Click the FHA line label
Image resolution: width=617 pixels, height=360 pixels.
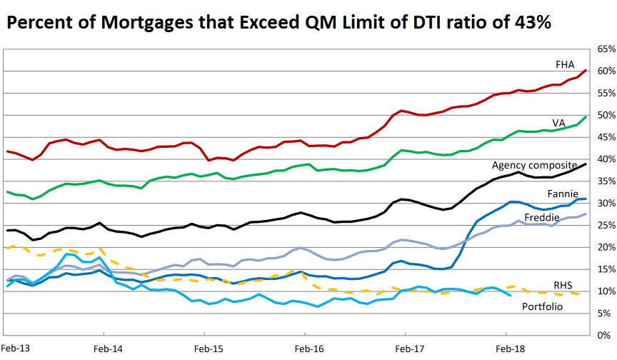[x=565, y=64]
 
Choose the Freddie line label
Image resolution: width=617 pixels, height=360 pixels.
[x=541, y=217]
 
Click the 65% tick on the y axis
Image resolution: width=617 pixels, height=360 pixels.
[x=603, y=49]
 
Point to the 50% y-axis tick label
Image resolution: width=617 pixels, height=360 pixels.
[x=603, y=115]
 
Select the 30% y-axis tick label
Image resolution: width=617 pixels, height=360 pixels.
[x=603, y=204]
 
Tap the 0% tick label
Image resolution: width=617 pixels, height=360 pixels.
[x=606, y=335]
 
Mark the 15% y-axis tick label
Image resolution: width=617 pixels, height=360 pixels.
[x=603, y=269]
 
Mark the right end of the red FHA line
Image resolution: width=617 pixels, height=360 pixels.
[x=586, y=70]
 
